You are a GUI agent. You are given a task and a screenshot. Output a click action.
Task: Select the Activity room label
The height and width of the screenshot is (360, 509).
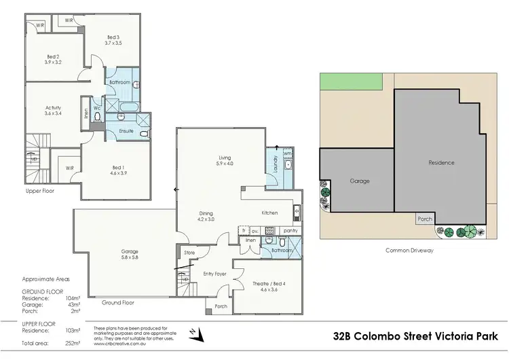click(53, 107)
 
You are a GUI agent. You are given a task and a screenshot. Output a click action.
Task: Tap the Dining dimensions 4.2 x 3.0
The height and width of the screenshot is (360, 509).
click(206, 219)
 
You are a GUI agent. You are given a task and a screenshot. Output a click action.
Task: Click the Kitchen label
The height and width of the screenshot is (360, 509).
click(270, 213)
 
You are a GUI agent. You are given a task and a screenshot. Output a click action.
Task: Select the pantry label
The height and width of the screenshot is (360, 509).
click(290, 231)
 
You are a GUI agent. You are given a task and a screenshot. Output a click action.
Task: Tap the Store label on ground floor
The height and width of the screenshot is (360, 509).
click(189, 253)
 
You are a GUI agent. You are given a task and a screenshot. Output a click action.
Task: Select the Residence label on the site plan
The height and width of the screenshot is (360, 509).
click(441, 163)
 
